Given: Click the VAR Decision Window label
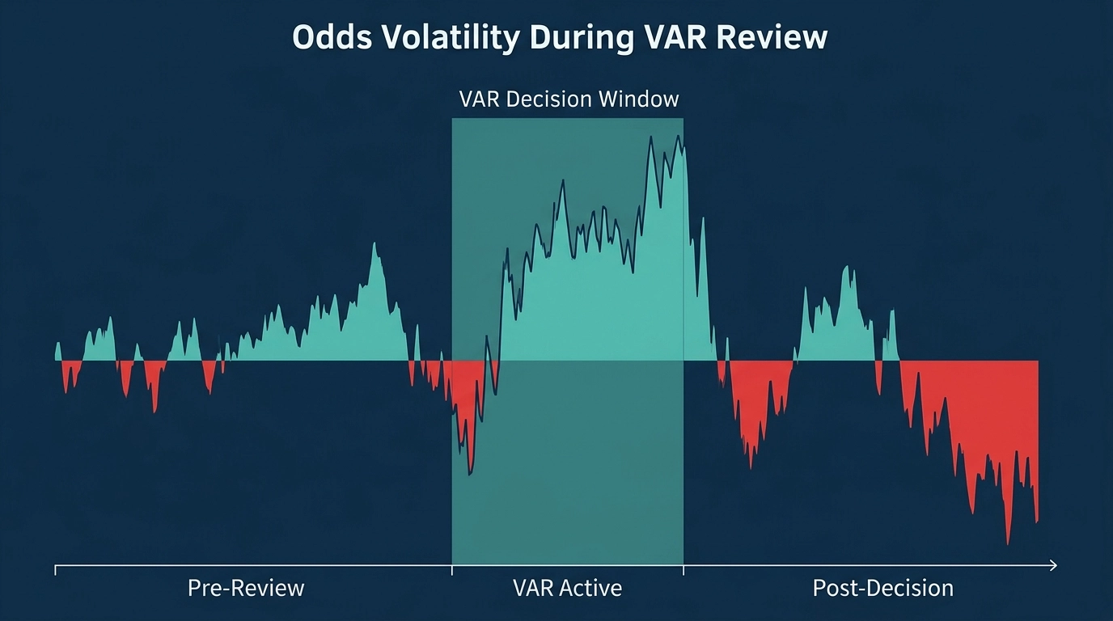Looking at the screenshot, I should click(569, 99).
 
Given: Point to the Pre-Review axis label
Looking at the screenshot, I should click(246, 587).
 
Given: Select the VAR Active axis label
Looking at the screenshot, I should click(568, 587).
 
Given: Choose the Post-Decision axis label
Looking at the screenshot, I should click(882, 587).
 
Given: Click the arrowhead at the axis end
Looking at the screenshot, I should click(1052, 565).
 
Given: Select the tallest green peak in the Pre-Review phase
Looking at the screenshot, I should click(375, 244).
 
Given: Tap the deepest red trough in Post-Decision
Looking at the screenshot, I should click(1008, 543).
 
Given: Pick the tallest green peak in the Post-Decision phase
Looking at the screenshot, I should click(847, 267).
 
